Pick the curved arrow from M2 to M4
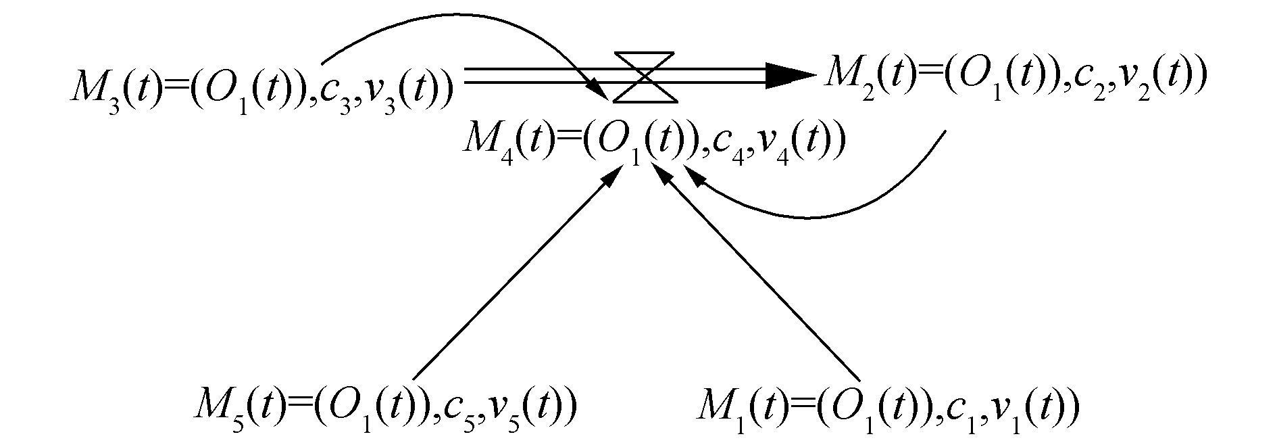811,216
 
